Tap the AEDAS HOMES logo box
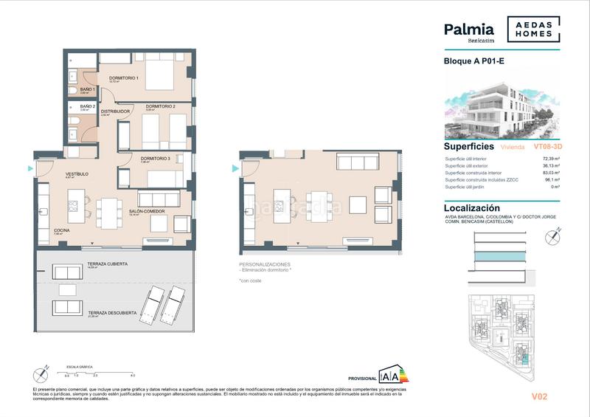[532, 30]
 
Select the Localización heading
[478, 209]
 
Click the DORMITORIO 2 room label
[160, 107]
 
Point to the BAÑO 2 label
[88, 106]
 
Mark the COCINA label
[61, 231]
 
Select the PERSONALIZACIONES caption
[265, 264]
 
